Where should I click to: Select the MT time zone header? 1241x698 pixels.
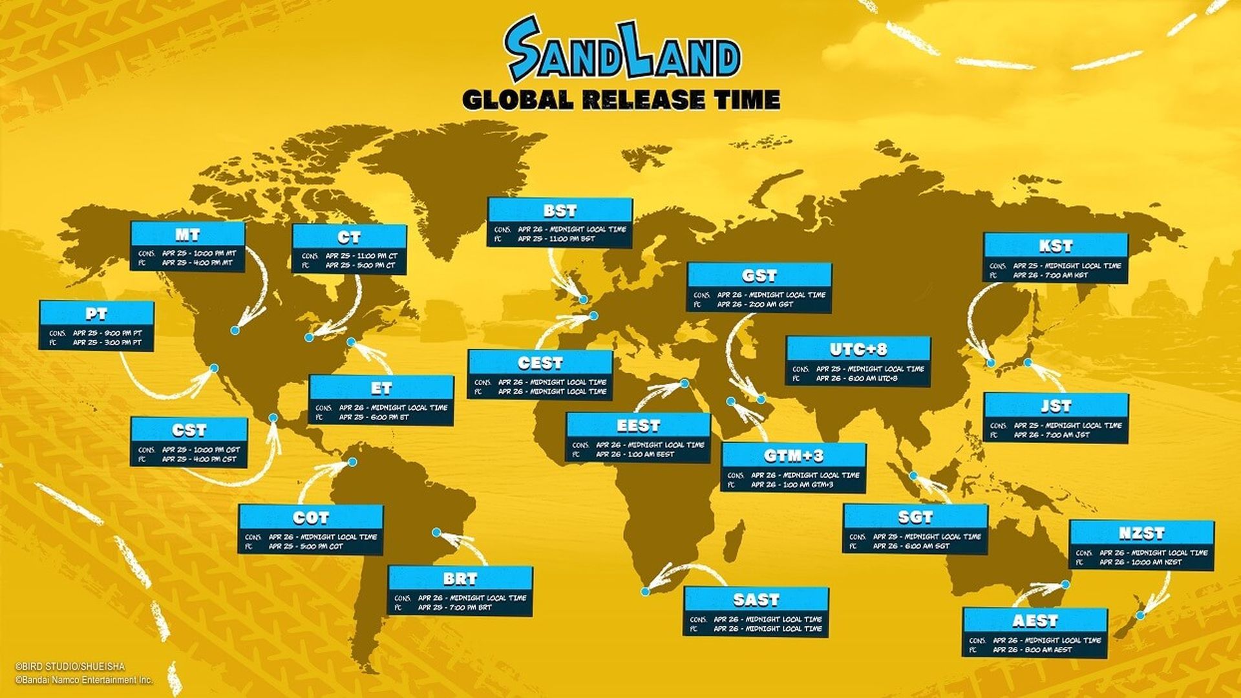pyautogui.click(x=187, y=234)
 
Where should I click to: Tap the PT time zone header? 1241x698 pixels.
pyautogui.click(x=96, y=314)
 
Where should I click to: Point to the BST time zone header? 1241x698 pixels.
pyautogui.click(x=560, y=211)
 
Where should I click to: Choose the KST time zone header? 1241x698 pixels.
pyautogui.click(x=1055, y=246)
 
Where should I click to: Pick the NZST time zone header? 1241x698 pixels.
pyautogui.click(x=1141, y=534)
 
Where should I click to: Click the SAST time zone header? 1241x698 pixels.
pyautogui.click(x=756, y=600)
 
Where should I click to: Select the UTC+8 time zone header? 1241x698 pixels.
pyautogui.click(x=858, y=350)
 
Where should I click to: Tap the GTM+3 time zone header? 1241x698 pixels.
pyautogui.click(x=793, y=456)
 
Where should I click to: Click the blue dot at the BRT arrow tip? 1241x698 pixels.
pyautogui.click(x=437, y=533)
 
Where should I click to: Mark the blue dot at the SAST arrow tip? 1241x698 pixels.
pyautogui.click(x=644, y=591)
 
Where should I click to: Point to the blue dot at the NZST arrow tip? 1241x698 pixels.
pyautogui.click(x=1141, y=615)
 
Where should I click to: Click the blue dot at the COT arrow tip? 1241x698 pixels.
pyautogui.click(x=352, y=462)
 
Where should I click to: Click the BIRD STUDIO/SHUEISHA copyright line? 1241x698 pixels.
pyautogui.click(x=70, y=666)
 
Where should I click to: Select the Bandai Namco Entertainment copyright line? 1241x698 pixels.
pyautogui.click(x=84, y=680)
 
